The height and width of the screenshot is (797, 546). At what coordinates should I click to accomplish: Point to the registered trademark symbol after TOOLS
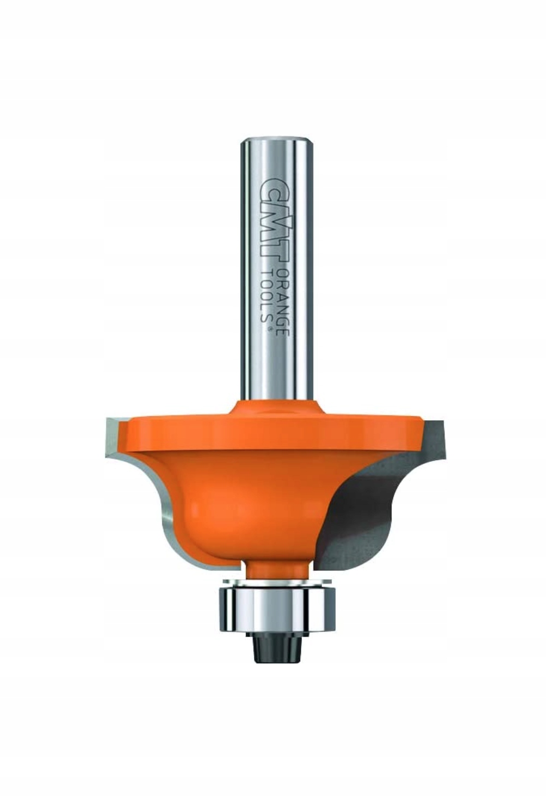coord(269,330)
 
